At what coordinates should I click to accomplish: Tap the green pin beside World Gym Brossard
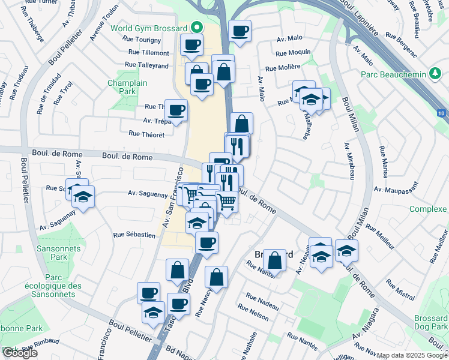coord(197,28)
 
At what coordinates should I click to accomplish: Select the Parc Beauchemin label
coord(394,74)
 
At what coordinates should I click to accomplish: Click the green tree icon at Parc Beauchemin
coord(436,74)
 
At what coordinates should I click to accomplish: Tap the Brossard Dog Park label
coord(430,322)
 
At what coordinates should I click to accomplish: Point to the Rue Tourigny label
coord(141,40)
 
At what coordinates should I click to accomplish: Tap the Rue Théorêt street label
coord(146,134)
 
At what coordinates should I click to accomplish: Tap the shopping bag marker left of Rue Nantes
coord(274,261)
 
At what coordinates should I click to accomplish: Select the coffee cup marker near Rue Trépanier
coord(176,110)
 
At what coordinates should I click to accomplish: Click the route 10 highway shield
coord(441,113)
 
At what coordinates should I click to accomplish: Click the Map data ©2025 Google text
coord(412,355)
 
